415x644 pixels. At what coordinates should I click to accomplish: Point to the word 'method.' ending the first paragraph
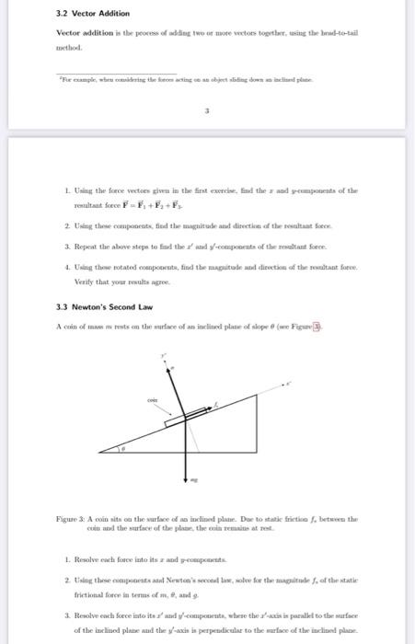pyautogui.click(x=70, y=47)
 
